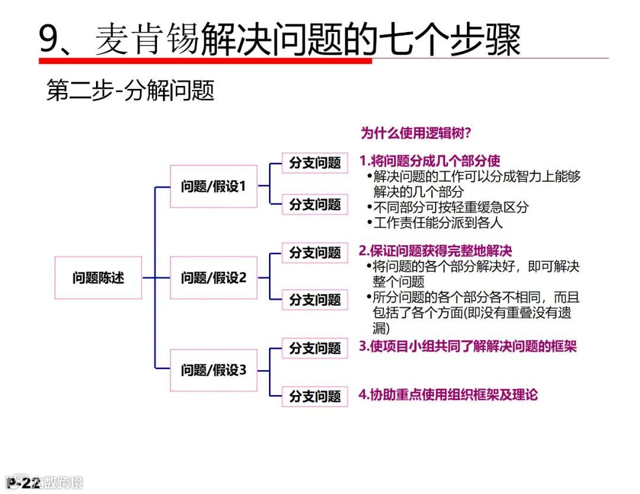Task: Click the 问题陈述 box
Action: tap(98, 278)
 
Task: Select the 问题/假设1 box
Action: tap(213, 187)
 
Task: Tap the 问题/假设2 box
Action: tap(213, 278)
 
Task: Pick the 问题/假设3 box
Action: tap(213, 371)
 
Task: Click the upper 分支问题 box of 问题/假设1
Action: tap(315, 163)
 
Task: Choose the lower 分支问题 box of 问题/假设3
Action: tap(315, 396)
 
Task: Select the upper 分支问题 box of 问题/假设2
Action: tap(315, 253)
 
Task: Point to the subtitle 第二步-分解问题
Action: tap(130, 91)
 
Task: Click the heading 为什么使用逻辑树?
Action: tap(416, 133)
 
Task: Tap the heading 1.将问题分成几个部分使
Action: tap(430, 161)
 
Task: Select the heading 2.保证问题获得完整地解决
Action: tap(436, 251)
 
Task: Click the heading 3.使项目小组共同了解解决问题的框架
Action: tap(468, 347)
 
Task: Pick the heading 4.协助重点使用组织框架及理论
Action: tap(449, 394)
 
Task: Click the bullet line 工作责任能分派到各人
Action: tap(437, 223)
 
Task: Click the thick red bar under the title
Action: tap(205, 60)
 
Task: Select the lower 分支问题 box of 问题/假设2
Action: tap(315, 300)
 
